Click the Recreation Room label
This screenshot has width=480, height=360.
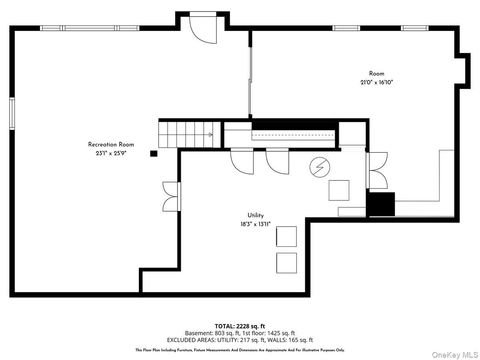110,145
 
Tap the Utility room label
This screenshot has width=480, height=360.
256,216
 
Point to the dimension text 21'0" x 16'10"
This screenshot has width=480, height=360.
376,82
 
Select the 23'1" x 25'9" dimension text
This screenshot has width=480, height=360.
110,153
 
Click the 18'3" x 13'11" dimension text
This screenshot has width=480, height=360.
256,225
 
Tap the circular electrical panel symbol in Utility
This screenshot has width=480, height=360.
320,166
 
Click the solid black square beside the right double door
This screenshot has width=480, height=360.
381,204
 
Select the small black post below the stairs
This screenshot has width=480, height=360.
153,153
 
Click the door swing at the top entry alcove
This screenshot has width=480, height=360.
203,31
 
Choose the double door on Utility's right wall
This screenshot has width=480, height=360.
377,169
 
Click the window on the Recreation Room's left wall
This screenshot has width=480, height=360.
12,113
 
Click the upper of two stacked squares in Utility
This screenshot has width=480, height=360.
287,237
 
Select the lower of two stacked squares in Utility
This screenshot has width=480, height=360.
287,263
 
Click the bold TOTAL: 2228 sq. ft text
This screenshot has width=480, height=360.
240,325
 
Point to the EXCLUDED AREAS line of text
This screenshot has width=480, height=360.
240,339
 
